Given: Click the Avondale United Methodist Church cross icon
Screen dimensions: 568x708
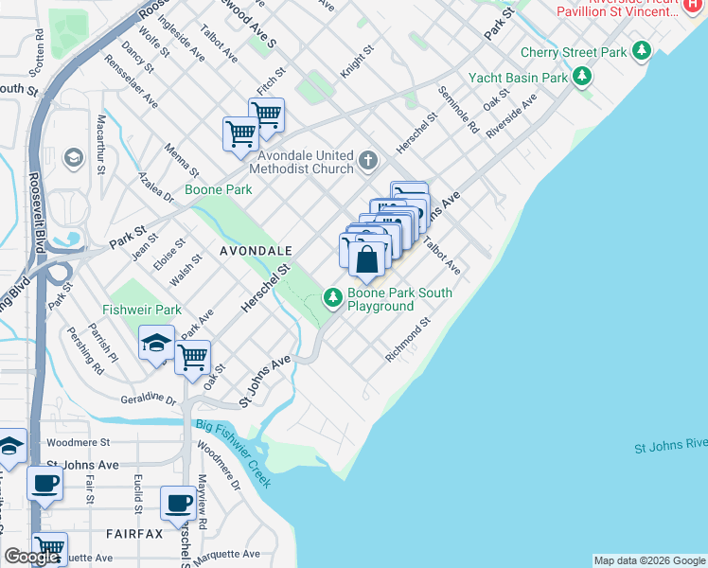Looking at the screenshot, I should point(369,162).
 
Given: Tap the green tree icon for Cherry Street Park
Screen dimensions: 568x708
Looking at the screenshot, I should point(643,50).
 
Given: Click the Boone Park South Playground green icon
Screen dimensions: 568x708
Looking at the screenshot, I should point(332,298).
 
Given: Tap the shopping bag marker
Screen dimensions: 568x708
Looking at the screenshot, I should point(367,259).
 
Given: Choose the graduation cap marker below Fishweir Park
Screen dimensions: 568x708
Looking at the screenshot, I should point(156,344).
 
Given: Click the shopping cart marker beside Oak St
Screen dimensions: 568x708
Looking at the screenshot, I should point(193,358).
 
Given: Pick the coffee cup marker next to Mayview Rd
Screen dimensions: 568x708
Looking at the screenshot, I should point(178,503).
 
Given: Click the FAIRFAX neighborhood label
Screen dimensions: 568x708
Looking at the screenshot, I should point(134,534).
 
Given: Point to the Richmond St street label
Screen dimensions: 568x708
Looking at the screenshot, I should point(408,339).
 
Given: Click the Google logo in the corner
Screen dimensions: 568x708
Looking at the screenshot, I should point(32,557).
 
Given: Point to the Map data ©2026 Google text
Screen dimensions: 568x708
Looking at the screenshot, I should point(649,560).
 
